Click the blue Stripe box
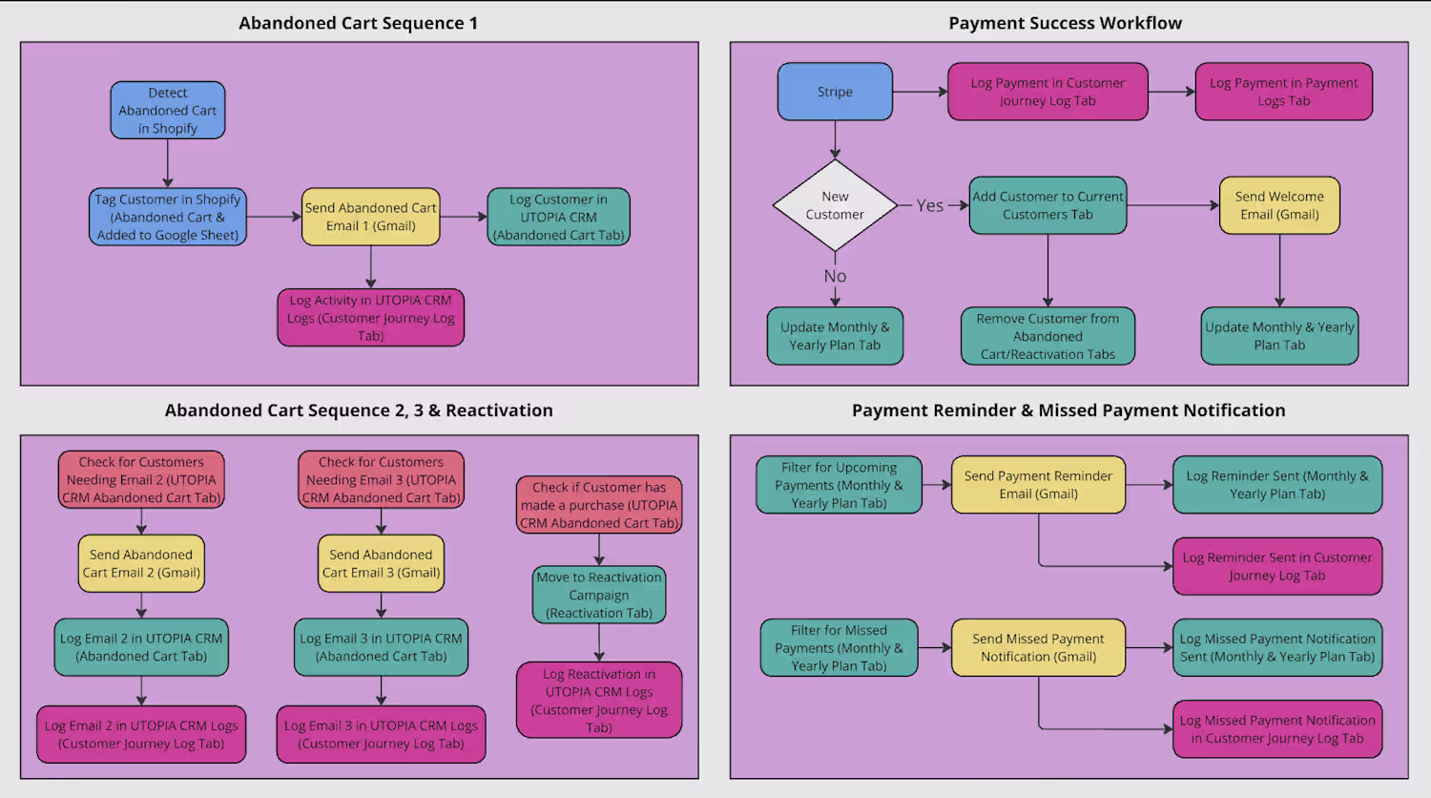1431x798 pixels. pos(835,92)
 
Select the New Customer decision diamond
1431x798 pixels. pos(835,205)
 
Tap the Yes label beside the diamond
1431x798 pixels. pos(930,205)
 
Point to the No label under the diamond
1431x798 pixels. pos(835,276)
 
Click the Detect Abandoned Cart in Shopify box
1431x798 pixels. pos(168,111)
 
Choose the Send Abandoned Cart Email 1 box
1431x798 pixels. pos(371,217)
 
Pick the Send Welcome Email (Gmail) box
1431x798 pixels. pos(1279,205)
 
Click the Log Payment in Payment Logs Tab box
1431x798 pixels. pos(1283,92)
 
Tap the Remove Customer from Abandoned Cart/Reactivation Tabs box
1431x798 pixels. pos(1047,336)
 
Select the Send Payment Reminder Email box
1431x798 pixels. pos(1038,485)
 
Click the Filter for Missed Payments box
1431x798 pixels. pos(839,648)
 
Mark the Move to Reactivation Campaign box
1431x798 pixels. pos(599,595)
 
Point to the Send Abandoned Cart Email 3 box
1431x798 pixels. pos(381,563)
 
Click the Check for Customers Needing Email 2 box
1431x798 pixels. pos(141,479)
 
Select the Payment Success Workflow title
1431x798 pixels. pos(1065,23)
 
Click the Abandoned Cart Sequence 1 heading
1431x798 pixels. pos(358,23)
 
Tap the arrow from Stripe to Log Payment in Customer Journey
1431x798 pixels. pos(920,92)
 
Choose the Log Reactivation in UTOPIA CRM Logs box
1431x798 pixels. pos(599,701)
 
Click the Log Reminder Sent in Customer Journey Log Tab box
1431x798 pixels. pos(1276,566)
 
